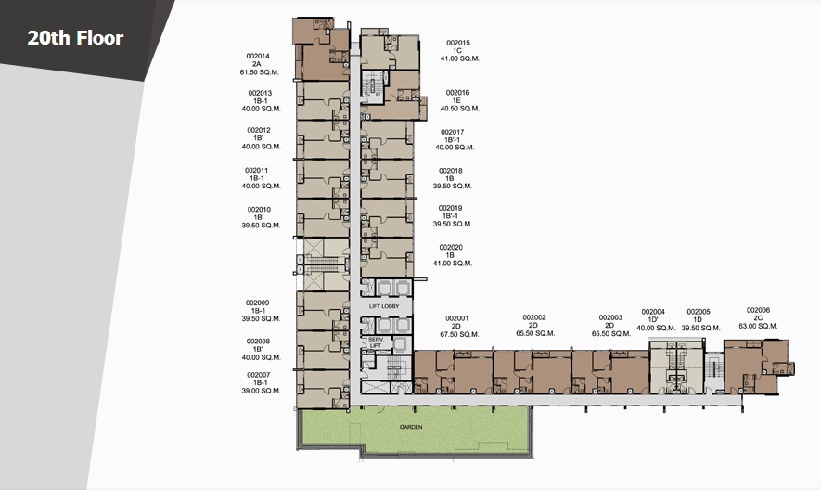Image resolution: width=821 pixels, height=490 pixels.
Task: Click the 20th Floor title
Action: pyautogui.click(x=75, y=38)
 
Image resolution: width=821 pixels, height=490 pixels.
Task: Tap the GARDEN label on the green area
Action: pyautogui.click(x=411, y=427)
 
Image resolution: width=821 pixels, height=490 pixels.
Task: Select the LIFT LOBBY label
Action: pyautogui.click(x=384, y=306)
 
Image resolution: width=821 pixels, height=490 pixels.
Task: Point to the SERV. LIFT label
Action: pyautogui.click(x=376, y=342)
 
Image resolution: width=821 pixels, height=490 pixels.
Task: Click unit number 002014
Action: pyautogui.click(x=258, y=56)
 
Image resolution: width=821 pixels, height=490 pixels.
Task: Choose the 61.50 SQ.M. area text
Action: pyautogui.click(x=260, y=72)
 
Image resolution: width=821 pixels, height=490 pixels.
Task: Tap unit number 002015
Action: pyautogui.click(x=458, y=43)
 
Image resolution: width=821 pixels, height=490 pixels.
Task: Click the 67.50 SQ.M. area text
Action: pyautogui.click(x=460, y=334)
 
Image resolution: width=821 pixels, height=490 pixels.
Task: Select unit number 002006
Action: pyautogui.click(x=758, y=310)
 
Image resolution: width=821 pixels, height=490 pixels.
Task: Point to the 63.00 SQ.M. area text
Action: pyautogui.click(x=758, y=326)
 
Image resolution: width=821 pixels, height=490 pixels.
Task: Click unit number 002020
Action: pyautogui.click(x=451, y=248)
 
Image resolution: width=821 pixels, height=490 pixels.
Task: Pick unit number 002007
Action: pyautogui.click(x=259, y=375)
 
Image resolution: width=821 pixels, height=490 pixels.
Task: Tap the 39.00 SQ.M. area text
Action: pyautogui.click(x=262, y=391)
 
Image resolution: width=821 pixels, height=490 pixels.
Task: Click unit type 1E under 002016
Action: pyautogui.click(x=457, y=100)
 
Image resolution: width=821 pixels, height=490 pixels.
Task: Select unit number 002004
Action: pyautogui.click(x=653, y=312)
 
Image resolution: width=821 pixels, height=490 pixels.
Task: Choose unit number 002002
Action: pyautogui.click(x=534, y=317)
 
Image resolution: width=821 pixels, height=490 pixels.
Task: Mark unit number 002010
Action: pyautogui.click(x=259, y=210)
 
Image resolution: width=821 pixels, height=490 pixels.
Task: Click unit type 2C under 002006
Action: pyautogui.click(x=758, y=318)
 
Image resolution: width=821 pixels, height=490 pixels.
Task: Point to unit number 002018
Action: pyautogui.click(x=450, y=171)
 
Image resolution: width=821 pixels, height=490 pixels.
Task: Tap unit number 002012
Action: pyautogui.click(x=259, y=131)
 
